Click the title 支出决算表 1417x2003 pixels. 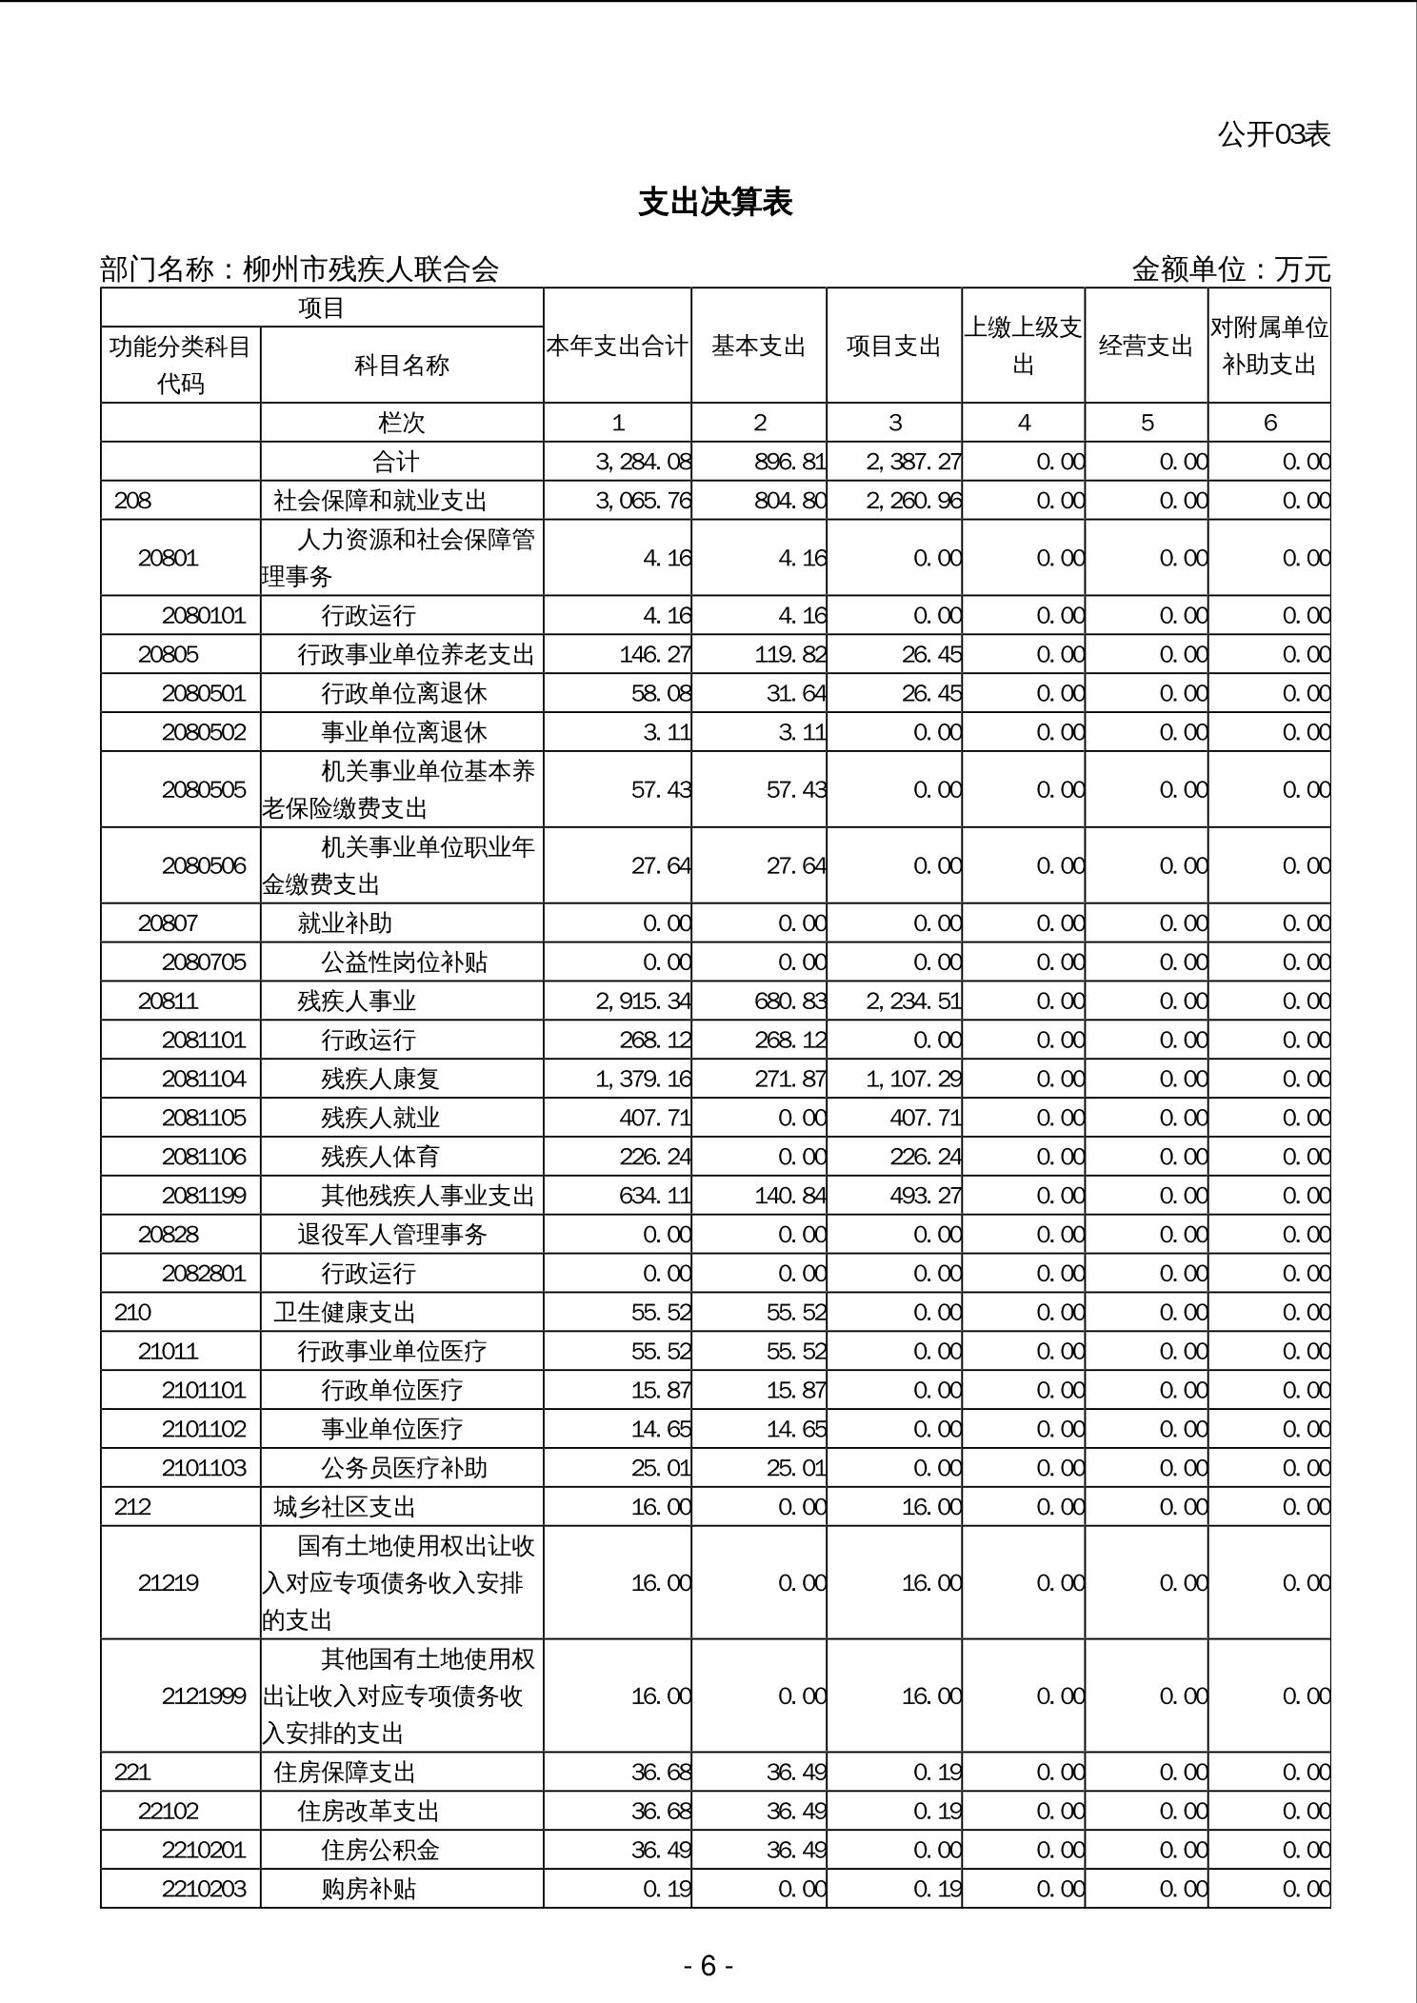pos(715,203)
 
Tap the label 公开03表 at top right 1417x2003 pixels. pos(1273,135)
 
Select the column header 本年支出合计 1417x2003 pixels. pos(617,347)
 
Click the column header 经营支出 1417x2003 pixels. pos(1146,347)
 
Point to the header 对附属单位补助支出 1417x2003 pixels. pos(1268,347)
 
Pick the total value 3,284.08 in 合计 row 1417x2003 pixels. pos(643,462)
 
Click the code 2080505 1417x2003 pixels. pos(204,789)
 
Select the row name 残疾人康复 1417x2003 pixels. pos(380,1079)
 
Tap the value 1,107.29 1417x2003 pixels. pos(913,1079)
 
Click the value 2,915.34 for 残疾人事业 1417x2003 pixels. pos(643,1001)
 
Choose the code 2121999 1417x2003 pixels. pos(204,1696)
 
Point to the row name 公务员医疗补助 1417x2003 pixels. pos(404,1467)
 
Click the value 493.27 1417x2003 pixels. pos(925,1195)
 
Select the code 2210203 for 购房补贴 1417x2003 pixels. pos(204,1888)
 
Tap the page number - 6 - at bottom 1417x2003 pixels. pos(708,1966)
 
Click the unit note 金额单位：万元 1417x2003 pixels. pos(1230,269)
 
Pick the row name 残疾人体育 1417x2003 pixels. pos(380,1157)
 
